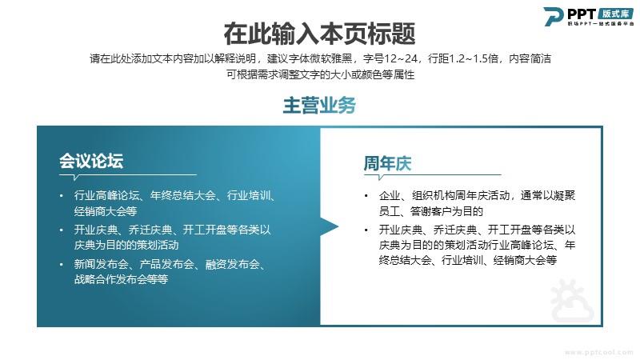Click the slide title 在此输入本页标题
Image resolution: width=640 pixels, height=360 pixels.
coord(319,34)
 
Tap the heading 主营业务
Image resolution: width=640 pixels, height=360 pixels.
coord(319,106)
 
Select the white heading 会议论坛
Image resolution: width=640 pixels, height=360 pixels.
coord(91,161)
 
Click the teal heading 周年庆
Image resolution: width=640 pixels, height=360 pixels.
coord(387,163)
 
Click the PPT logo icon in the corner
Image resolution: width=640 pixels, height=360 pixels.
coord(553,16)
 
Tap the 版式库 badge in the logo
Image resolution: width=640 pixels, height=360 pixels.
coord(615,14)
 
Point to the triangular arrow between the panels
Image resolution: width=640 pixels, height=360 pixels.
coord(330,226)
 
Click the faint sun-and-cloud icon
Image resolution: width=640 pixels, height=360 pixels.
coord(571,302)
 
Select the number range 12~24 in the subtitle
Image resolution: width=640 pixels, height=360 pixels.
coord(402,58)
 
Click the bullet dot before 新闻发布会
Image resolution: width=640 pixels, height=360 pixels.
coord(62,265)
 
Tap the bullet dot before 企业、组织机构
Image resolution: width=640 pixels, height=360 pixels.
coord(366,196)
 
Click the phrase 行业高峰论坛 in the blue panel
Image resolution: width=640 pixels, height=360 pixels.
coord(106,195)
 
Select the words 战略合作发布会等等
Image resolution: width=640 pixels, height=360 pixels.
coord(121,279)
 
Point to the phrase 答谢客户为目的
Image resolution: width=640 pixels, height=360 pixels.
coord(446,211)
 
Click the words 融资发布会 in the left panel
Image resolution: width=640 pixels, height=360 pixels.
coord(232,265)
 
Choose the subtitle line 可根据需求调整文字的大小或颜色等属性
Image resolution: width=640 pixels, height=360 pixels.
coord(321,74)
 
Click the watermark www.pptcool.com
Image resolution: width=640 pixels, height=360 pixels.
coord(599,352)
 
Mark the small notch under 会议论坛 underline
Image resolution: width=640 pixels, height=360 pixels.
coord(75,178)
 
